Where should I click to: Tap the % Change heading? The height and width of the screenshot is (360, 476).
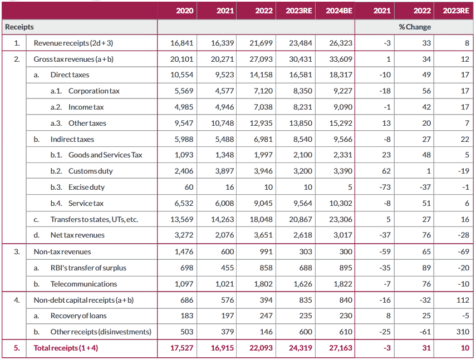414,27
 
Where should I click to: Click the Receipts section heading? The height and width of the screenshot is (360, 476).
19,27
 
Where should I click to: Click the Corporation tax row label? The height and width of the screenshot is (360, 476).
94,91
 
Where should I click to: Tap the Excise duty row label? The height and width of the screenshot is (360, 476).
86,188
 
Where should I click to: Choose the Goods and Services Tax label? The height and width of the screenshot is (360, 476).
105,155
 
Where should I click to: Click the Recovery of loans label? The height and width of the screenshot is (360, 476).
78,316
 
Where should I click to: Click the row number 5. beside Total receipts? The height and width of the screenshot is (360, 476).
17,348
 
